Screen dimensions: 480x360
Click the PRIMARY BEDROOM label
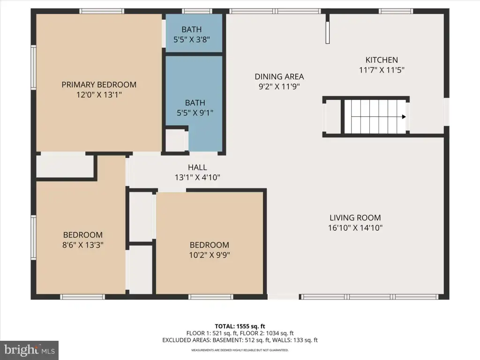99,85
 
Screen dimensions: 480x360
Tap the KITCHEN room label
382,60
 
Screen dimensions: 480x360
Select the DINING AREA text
279,76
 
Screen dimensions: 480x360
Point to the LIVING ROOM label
355,217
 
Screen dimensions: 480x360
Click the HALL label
197,167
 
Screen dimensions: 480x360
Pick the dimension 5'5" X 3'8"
192,39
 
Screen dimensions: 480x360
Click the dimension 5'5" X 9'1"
195,113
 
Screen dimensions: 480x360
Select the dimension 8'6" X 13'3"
83,245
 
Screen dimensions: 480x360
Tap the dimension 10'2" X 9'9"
210,255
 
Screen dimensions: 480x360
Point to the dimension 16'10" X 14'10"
355,228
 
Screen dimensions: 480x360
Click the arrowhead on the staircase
404,117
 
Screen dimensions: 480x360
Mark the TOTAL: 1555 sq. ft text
240,326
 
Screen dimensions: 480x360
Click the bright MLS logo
30,350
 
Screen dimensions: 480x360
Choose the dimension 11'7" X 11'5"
382,70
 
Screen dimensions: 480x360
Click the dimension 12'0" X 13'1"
99,95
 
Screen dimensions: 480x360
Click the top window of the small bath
197,11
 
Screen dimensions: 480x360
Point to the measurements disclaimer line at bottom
240,350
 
